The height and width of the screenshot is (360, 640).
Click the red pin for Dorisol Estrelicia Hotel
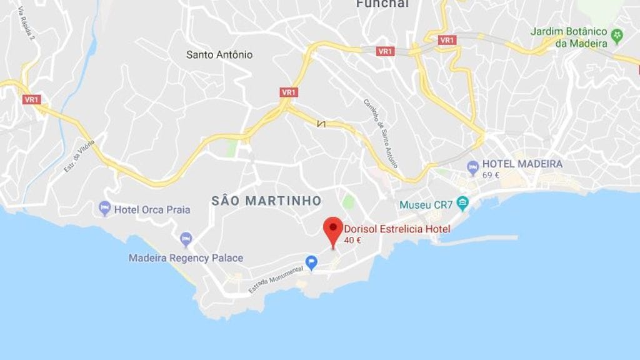point(333,229)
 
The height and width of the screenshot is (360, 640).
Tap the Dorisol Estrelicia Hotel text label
point(397,229)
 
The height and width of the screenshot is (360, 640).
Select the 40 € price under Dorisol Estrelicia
point(352,240)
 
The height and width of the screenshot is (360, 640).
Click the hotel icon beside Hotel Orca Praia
point(104,208)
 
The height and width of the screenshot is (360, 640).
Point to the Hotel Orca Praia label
point(152,210)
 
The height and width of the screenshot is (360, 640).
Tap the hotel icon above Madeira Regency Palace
point(186,239)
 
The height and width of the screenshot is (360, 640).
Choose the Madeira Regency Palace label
point(186,258)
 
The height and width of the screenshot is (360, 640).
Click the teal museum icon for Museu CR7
point(462,203)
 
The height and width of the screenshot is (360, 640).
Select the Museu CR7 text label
point(426,205)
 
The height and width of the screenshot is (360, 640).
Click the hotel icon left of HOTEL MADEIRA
point(473,167)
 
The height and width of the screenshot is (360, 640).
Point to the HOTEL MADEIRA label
point(522,164)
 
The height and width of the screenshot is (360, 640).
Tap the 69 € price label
point(491,175)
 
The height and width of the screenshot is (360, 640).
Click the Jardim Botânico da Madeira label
point(569,37)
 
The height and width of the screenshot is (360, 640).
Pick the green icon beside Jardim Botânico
point(617,35)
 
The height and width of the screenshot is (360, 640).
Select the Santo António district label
point(219,55)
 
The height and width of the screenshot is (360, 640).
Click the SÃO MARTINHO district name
point(266,201)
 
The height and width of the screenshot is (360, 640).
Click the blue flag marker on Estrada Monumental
point(311,262)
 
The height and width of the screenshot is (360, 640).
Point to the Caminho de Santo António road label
point(381,132)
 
